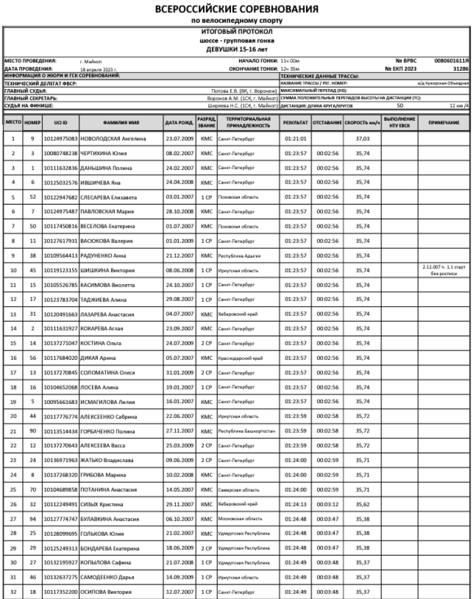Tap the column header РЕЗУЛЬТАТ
point(295,122)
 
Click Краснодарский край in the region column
point(239,358)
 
